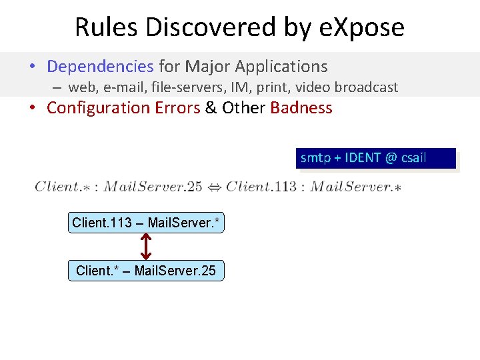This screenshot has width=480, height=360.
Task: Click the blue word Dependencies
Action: click(100, 67)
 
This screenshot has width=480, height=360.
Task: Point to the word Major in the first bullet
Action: click(207, 67)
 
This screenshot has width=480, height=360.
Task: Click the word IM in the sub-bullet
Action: click(234, 87)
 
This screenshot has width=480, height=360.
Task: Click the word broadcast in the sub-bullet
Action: click(366, 87)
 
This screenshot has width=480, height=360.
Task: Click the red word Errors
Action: click(177, 108)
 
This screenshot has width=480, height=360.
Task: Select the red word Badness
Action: click(301, 108)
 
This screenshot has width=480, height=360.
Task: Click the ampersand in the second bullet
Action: click(211, 108)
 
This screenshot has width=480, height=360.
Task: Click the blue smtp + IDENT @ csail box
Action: click(377, 159)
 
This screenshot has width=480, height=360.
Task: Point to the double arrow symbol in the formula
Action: click(214, 187)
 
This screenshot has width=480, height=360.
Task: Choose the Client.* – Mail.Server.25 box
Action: click(146, 271)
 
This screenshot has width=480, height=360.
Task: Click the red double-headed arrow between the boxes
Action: click(147, 247)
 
